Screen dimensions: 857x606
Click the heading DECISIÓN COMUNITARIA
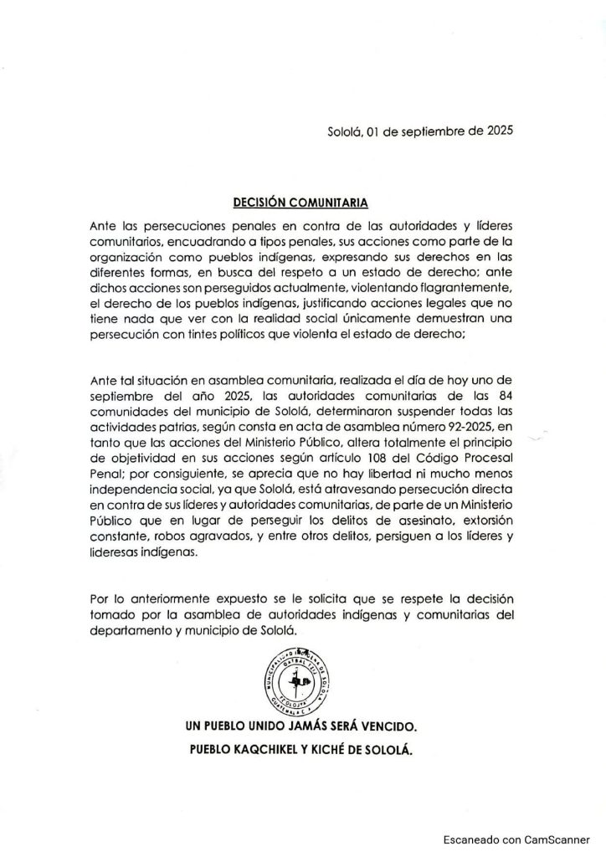click(x=300, y=202)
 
